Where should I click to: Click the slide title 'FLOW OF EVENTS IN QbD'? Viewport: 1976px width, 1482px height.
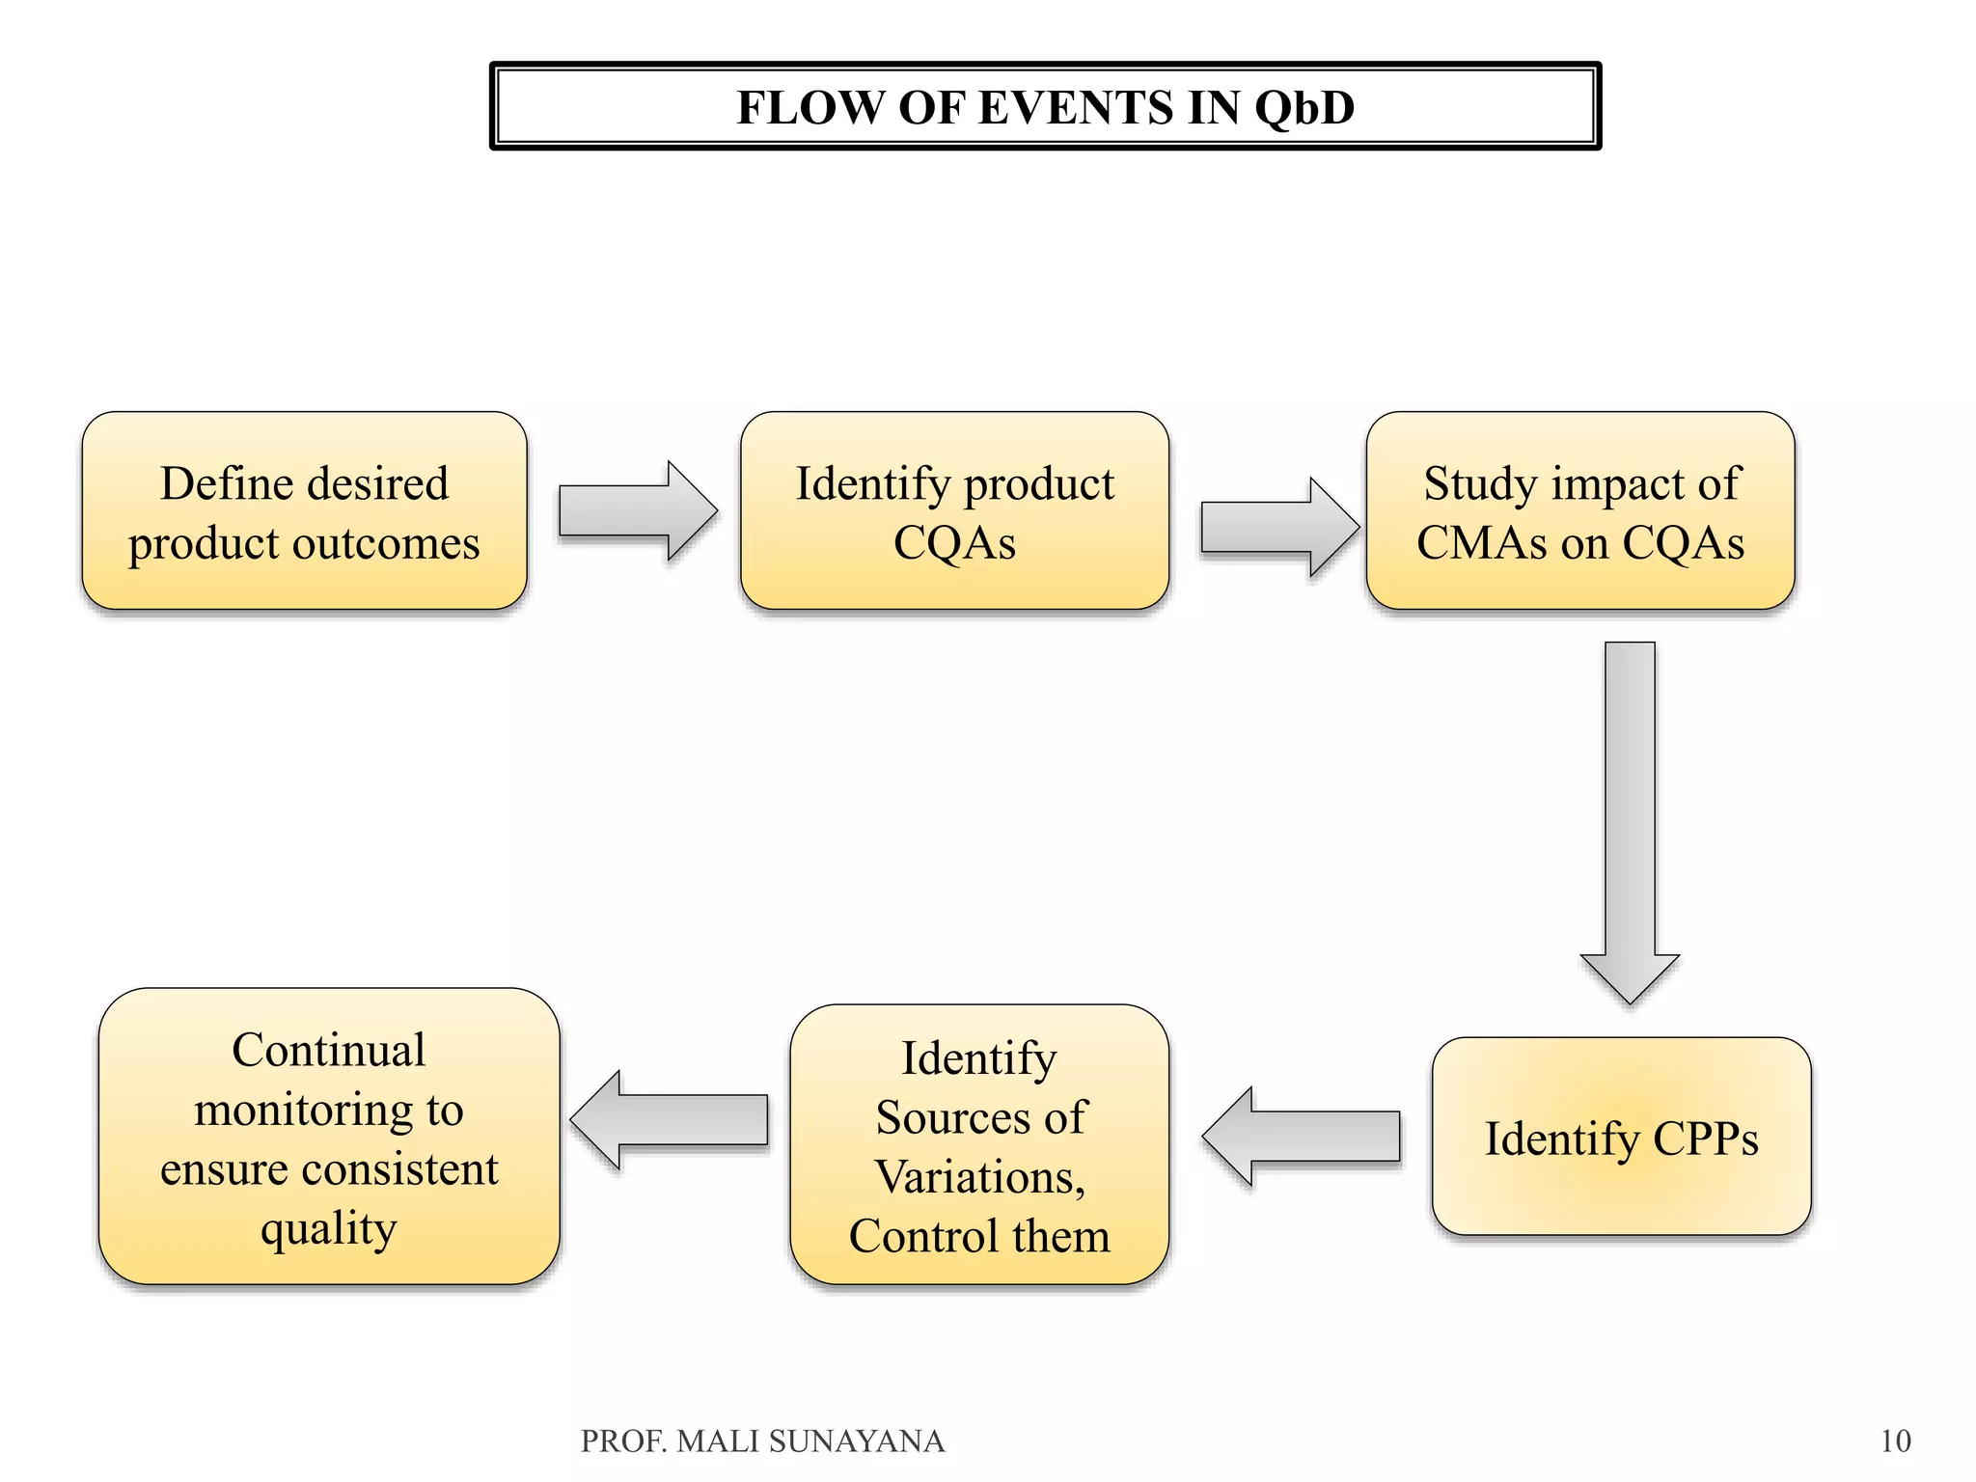click(1045, 106)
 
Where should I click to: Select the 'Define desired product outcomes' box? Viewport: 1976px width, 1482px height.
click(304, 511)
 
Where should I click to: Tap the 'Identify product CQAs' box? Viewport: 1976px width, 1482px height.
click(954, 511)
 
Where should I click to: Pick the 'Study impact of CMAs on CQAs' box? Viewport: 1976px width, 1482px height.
click(1579, 511)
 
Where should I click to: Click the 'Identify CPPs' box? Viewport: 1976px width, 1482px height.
click(1621, 1137)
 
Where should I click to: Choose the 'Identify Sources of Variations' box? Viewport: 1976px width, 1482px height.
click(979, 1144)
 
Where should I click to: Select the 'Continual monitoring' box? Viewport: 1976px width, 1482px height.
click(329, 1137)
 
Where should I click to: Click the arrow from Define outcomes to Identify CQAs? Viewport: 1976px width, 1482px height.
click(637, 511)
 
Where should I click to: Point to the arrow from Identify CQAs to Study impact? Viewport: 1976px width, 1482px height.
click(1278, 528)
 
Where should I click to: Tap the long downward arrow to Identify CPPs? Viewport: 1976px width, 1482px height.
click(1630, 820)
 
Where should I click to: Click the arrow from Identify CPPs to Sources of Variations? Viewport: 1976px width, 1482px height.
click(1303, 1137)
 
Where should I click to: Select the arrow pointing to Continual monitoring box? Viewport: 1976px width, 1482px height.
click(671, 1120)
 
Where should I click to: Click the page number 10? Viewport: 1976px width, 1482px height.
click(1895, 1441)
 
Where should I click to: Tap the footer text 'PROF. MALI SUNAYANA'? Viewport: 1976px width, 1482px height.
click(762, 1441)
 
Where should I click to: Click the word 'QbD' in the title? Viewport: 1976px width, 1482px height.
click(1304, 106)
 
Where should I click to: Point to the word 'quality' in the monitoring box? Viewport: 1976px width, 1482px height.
click(329, 1228)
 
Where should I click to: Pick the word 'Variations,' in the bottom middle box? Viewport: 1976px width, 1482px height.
click(979, 1177)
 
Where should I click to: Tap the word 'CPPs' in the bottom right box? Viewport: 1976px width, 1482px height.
click(1705, 1139)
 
